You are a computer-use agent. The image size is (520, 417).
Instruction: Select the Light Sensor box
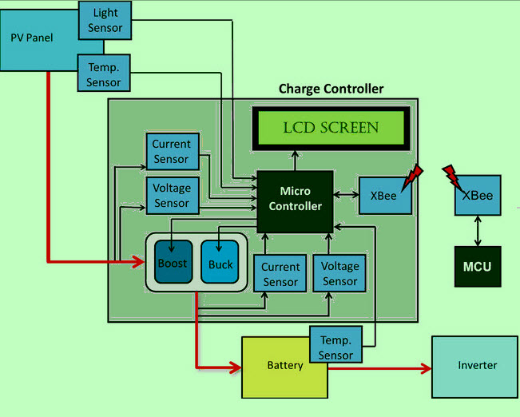(x=105, y=21)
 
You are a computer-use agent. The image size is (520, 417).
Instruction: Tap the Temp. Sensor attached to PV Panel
(x=104, y=73)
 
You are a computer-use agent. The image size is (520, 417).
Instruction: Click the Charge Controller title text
(x=331, y=89)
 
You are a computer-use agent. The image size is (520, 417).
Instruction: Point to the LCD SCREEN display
(x=331, y=128)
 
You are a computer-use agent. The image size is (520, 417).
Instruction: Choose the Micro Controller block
(x=294, y=200)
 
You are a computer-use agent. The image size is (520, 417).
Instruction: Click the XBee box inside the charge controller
(x=385, y=194)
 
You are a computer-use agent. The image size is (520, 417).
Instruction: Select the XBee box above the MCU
(x=478, y=195)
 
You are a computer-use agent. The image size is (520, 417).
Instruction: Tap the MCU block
(x=477, y=266)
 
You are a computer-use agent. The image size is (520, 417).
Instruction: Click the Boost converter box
(x=173, y=262)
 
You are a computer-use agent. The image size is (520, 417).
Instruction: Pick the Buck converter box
(x=220, y=262)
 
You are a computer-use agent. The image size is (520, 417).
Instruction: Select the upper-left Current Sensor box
(x=172, y=151)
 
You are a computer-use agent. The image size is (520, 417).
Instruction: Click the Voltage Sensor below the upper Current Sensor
(x=172, y=196)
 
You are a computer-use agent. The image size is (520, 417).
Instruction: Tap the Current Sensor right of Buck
(x=280, y=274)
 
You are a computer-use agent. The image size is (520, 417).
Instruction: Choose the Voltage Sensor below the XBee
(x=339, y=273)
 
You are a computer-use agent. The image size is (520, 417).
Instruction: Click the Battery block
(x=284, y=366)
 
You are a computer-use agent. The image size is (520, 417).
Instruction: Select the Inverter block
(x=477, y=366)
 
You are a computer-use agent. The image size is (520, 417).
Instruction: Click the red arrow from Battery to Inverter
(x=379, y=369)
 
